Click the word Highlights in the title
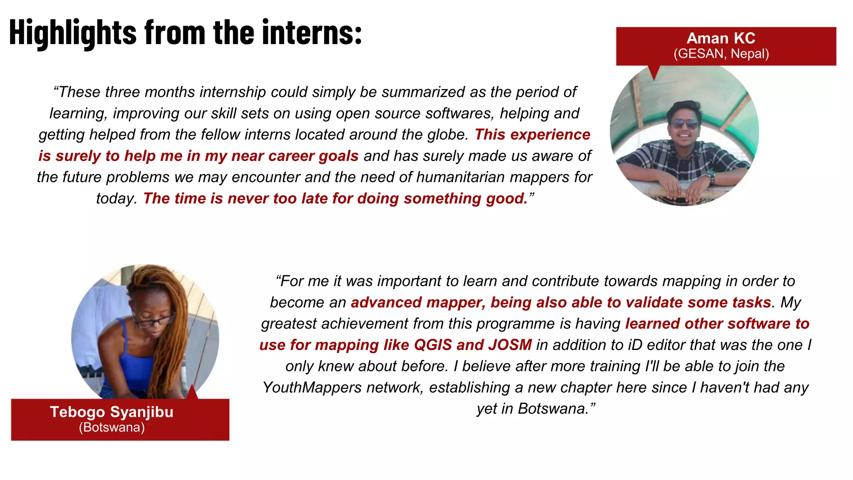point(73,32)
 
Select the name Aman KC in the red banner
point(721,38)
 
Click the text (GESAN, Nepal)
point(721,54)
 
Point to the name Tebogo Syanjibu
point(112,412)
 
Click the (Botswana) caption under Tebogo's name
point(112,427)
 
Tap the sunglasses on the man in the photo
point(684,124)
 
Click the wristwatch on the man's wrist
point(710,177)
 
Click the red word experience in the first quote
point(550,135)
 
